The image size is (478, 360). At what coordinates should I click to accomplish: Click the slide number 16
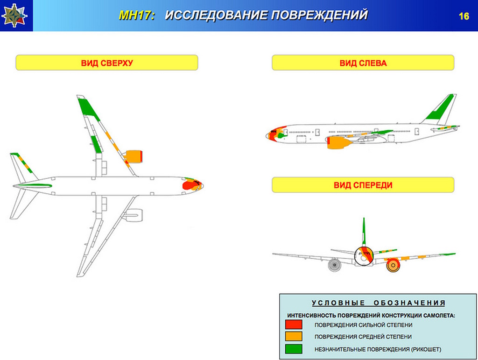coord(464,16)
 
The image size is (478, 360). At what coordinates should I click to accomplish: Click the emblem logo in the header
coord(14,15)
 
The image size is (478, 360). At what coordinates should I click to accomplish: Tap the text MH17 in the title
coord(136,15)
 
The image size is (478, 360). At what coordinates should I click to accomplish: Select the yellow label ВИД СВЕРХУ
coord(107,63)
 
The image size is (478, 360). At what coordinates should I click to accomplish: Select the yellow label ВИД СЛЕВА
coord(363,63)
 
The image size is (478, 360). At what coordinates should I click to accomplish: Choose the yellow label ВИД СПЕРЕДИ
coord(363,185)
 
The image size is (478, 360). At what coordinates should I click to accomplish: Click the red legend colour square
coord(294,325)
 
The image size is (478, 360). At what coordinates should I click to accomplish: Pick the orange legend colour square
coord(294,336)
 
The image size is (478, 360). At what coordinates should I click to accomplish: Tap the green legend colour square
coord(294,349)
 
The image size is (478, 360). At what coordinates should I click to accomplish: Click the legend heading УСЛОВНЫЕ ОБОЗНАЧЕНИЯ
coord(378,303)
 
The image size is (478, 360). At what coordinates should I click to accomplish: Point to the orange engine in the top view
coord(134,156)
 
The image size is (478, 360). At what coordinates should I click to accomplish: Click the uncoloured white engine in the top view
coord(133,215)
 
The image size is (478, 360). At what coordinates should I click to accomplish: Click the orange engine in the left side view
coord(339,142)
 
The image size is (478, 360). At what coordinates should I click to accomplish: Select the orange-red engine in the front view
coord(393,265)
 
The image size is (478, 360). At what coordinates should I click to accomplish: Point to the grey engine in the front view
coord(334,265)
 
